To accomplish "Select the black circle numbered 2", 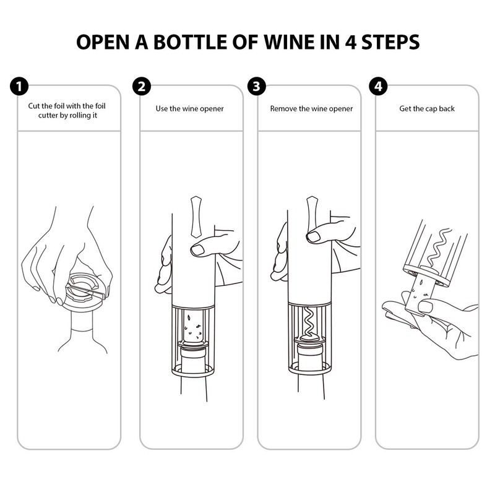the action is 142,86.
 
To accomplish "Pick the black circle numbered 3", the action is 256,86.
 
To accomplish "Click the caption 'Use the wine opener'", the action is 189,109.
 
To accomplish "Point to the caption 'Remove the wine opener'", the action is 311,109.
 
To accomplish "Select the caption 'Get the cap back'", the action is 427,109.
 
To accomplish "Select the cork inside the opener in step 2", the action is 193,328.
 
